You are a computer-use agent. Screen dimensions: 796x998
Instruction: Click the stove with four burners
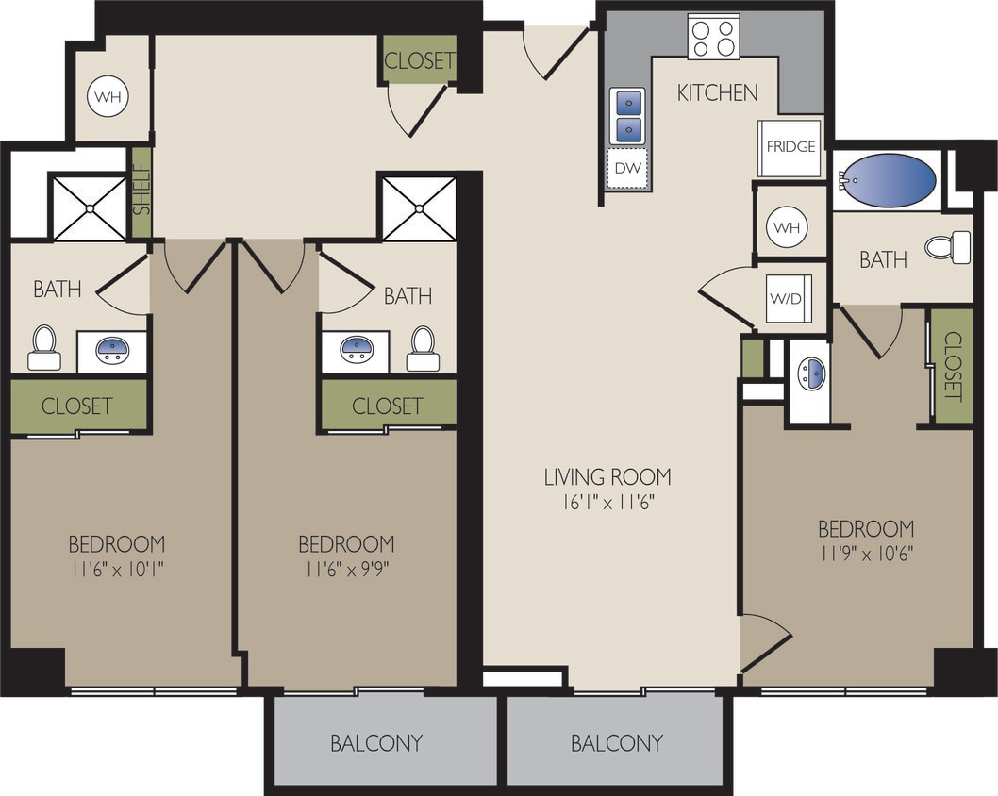click(713, 38)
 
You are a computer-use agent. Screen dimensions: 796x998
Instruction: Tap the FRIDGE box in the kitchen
click(790, 148)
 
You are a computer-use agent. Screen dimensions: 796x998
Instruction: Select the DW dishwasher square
click(626, 168)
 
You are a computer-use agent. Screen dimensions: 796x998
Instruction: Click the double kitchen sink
click(626, 115)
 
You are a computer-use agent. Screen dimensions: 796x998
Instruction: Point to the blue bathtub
click(888, 179)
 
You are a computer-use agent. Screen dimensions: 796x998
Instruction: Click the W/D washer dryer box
click(786, 297)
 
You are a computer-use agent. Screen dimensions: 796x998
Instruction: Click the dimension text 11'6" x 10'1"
click(116, 569)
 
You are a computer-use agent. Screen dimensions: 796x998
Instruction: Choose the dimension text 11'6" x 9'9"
click(347, 569)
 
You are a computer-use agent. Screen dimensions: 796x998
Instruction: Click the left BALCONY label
click(375, 742)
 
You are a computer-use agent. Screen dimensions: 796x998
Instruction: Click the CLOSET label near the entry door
click(420, 60)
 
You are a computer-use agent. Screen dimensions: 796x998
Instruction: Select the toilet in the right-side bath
click(948, 247)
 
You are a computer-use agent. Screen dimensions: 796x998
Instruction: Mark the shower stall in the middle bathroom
click(419, 207)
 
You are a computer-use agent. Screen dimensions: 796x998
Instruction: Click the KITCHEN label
click(717, 91)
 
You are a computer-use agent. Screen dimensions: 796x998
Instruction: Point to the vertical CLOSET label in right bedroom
click(952, 366)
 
